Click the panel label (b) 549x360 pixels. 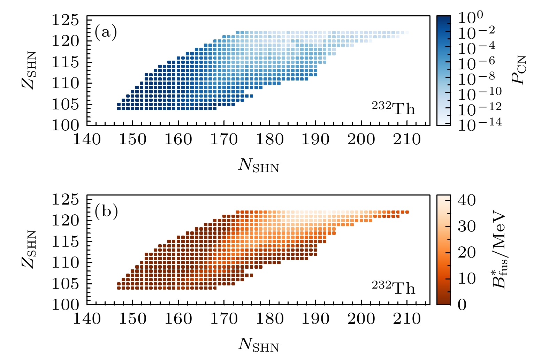click(x=106, y=212)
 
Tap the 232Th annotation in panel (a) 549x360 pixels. click(x=393, y=108)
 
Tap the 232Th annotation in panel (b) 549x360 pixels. click(x=393, y=288)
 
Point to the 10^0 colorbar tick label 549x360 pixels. click(x=470, y=18)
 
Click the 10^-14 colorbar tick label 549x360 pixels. click(x=480, y=124)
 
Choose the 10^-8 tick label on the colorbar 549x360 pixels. click(x=476, y=78)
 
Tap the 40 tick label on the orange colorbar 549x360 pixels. click(x=466, y=200)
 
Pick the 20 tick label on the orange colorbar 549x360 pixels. click(x=466, y=252)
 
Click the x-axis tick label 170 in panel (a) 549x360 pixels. click(x=224, y=140)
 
